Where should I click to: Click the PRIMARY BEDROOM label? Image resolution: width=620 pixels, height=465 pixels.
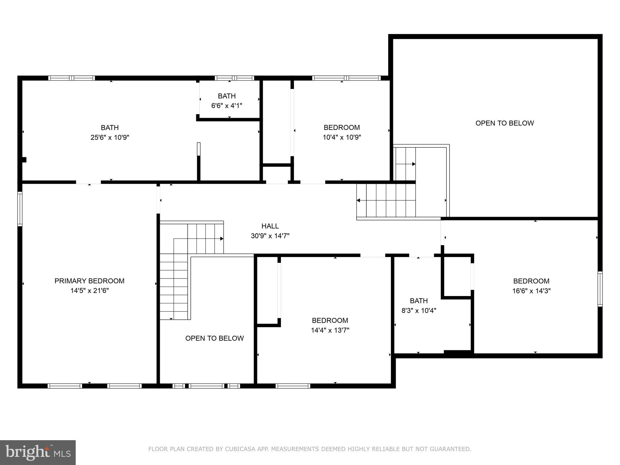[89, 281]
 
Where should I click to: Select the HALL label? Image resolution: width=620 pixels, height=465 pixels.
[270, 226]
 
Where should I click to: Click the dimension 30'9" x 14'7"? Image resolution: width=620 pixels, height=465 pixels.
[270, 236]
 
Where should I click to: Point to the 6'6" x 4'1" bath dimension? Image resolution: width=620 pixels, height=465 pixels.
[227, 106]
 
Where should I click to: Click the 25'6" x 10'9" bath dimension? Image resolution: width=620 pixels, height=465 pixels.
[110, 137]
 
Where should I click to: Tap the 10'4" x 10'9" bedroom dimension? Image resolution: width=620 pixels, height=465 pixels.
[342, 137]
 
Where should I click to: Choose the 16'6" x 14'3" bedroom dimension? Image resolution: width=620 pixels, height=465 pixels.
[531, 291]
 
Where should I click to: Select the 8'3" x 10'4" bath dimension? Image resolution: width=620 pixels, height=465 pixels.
[419, 311]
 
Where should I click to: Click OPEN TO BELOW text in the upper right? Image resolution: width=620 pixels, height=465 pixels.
[504, 123]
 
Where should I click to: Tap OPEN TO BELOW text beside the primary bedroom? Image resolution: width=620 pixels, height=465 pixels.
[214, 338]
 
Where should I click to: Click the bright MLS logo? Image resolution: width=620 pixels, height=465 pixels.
[38, 452]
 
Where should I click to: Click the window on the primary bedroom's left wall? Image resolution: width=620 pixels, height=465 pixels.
[20, 209]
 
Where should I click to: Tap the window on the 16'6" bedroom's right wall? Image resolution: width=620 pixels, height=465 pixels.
[600, 289]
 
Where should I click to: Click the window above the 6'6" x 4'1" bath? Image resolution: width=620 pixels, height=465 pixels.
[234, 78]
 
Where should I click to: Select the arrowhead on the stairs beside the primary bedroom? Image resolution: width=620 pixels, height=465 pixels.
[222, 239]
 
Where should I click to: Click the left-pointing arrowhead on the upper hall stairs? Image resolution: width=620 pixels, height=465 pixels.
[358, 200]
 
